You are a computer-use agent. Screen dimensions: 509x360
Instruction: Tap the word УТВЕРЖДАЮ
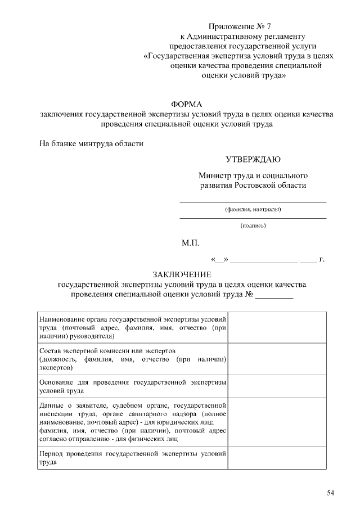tap(253, 160)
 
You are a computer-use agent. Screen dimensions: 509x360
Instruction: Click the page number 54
tap(330, 493)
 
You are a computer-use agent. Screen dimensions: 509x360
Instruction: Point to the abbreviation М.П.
tap(190, 244)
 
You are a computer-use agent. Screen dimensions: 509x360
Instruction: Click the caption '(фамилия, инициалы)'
tap(253, 210)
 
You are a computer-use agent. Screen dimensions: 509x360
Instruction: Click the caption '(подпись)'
tap(253, 226)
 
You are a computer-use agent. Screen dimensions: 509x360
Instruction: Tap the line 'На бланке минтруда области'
tap(91, 143)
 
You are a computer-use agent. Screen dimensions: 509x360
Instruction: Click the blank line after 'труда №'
tap(274, 296)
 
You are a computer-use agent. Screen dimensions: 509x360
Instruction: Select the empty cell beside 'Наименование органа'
tap(276, 326)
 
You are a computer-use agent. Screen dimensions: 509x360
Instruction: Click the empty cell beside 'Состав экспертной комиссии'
tap(276, 358)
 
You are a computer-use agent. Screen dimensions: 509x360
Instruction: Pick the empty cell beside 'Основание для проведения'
tap(276, 386)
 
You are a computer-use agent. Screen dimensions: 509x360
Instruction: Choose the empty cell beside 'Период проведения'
tap(276, 458)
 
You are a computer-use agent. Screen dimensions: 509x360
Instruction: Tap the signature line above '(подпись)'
tap(253, 218)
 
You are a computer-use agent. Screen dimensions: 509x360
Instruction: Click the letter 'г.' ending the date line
tap(322, 259)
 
